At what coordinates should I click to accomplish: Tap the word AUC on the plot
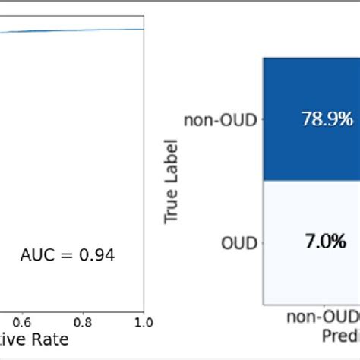pos(35,256)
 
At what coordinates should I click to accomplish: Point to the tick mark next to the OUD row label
pos(261,243)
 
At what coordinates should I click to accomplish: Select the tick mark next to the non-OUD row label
pos(261,118)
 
